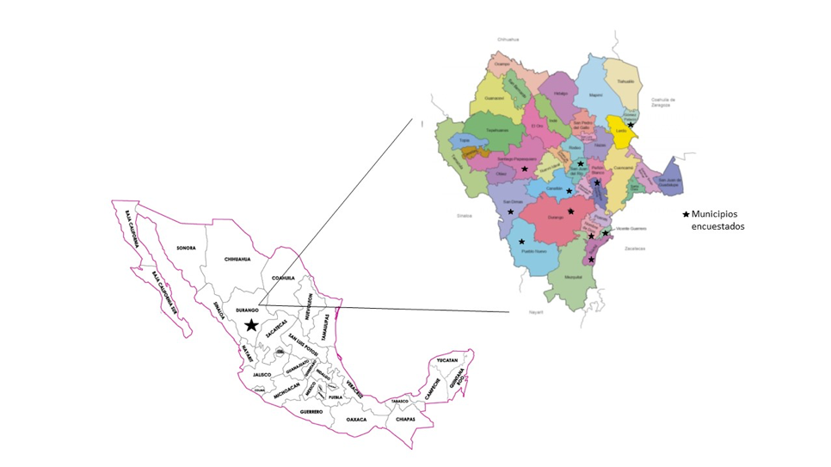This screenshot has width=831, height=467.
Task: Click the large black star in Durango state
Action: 250,325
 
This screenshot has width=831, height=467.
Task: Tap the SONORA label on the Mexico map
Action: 186,248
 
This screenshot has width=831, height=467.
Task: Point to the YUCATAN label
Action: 445,360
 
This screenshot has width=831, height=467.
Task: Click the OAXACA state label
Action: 357,419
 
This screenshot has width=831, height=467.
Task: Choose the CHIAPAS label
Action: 406,419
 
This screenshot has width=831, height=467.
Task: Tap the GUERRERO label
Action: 311,412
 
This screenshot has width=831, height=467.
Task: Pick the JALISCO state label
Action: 262,375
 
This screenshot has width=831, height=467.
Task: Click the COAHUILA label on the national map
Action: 283,278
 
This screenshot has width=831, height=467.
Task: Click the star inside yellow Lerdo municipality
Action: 631,126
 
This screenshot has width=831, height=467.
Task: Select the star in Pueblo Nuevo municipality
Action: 521,242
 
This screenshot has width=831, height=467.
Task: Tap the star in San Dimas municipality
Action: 510,212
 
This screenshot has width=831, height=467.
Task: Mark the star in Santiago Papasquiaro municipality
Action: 524,169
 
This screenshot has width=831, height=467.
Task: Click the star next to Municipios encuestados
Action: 686,214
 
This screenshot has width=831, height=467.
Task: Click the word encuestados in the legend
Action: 718,227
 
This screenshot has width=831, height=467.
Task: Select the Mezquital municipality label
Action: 574,278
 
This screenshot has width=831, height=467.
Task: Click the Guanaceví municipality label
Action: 493,99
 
